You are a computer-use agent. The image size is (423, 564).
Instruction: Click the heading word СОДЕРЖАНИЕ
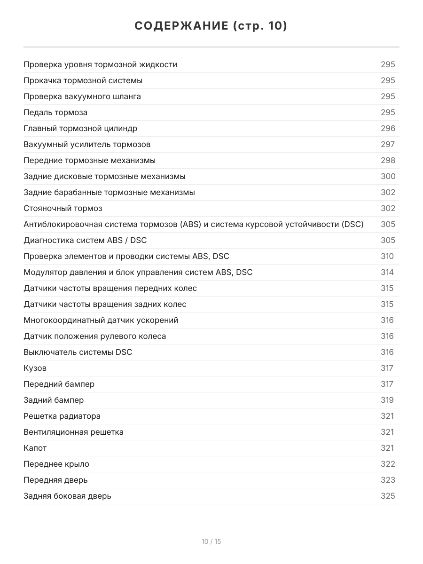pos(181,26)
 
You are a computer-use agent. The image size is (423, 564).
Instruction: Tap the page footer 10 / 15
pos(211,541)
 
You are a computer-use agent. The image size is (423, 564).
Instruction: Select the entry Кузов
pos(35,368)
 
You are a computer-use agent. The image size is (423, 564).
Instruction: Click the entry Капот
pos(35,448)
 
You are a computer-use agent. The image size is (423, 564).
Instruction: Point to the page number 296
pos(388,128)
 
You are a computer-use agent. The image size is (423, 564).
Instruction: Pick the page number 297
pos(388,144)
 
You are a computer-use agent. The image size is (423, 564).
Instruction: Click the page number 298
pos(388,160)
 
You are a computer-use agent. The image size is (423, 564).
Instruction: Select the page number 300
pos(388,176)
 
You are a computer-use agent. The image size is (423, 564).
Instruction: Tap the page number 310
pos(387,256)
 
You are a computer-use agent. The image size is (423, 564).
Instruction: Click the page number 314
pos(387,272)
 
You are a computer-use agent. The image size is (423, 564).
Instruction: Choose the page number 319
pos(387,400)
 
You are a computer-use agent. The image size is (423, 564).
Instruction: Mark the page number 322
pos(388,464)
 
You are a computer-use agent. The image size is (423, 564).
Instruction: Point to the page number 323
pos(388,480)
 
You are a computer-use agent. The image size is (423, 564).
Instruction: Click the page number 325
pos(388,496)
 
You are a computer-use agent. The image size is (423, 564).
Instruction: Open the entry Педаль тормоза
pos(55,112)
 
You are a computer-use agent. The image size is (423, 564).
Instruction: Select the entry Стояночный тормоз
pos(63,208)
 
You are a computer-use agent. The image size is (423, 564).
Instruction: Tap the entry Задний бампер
pos(54,400)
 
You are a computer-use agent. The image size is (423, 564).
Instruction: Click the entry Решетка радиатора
pos(62,416)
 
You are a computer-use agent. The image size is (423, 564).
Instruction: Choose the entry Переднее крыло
pos(56,464)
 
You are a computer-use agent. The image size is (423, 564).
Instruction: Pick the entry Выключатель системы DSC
pos(78,352)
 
